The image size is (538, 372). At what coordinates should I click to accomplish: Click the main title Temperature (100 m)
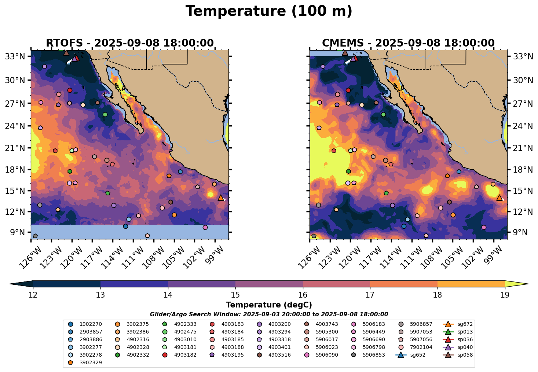pyautogui.click(x=269, y=11)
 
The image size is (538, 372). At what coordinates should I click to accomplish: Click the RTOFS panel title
pyautogui.click(x=129, y=43)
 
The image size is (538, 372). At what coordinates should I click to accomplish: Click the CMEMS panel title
pyautogui.click(x=408, y=43)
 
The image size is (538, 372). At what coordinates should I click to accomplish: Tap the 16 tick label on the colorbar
pyautogui.click(x=303, y=295)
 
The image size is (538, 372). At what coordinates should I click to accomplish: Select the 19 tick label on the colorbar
pyautogui.click(x=505, y=295)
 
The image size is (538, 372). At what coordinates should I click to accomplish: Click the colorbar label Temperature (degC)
pyautogui.click(x=269, y=305)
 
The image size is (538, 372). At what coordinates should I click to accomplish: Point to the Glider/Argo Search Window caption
pyautogui.click(x=269, y=314)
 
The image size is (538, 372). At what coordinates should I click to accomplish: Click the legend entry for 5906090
pyautogui.click(x=327, y=355)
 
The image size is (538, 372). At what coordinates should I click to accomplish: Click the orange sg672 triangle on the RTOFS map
pyautogui.click(x=221, y=198)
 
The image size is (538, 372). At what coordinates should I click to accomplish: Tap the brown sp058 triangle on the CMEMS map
pyautogui.click(x=345, y=53)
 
